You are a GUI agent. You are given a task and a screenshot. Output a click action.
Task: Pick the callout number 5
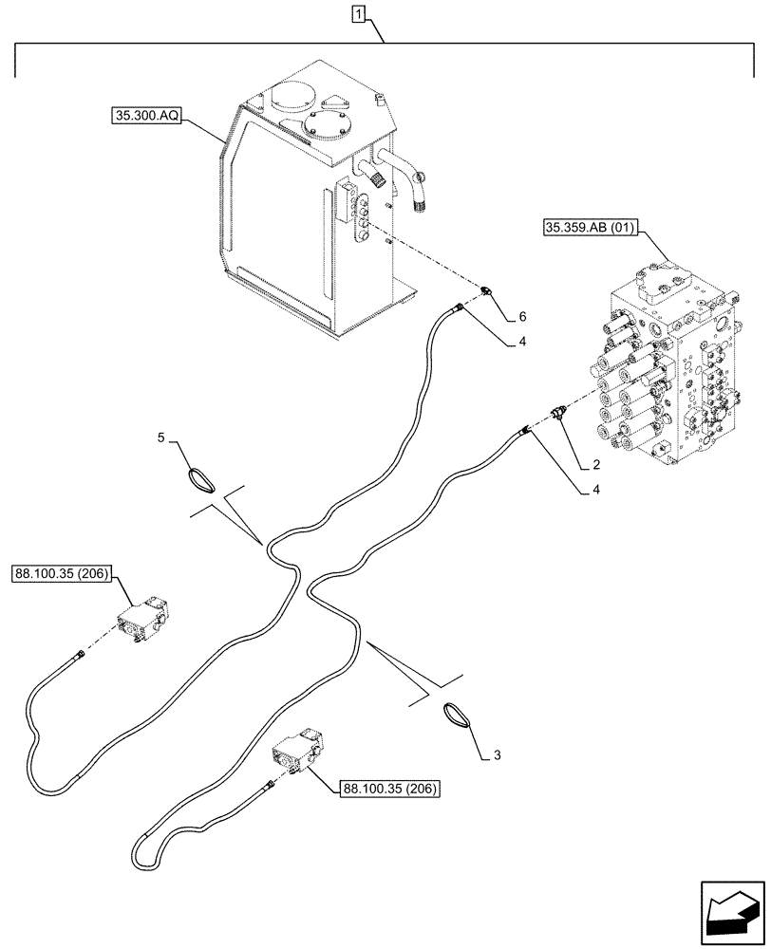tap(160, 437)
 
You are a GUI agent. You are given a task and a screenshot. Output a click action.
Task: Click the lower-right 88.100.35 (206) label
tap(386, 786)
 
